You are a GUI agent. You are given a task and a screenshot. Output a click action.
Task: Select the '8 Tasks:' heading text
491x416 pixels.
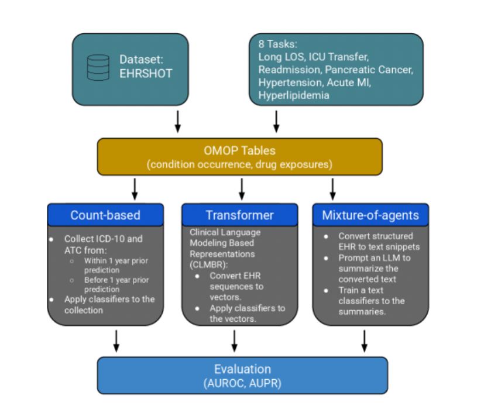pyautogui.click(x=279, y=44)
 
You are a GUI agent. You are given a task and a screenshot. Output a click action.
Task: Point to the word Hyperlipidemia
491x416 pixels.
pyautogui.click(x=294, y=95)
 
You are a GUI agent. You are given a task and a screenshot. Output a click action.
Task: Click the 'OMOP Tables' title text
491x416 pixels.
pyautogui.click(x=239, y=150)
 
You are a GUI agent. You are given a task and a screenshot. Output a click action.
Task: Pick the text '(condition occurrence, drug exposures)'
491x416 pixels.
pyautogui.click(x=239, y=164)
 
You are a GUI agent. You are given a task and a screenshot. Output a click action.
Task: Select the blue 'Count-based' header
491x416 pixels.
pyautogui.click(x=105, y=215)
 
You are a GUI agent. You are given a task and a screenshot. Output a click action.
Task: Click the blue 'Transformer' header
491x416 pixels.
pyautogui.click(x=239, y=215)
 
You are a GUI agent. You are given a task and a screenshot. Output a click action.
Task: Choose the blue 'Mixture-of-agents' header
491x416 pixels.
pyautogui.click(x=370, y=215)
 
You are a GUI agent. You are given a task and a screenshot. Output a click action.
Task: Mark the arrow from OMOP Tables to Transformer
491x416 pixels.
pyautogui.click(x=241, y=188)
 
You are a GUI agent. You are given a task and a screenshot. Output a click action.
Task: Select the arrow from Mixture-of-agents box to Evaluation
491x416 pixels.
pyautogui.click(x=365, y=341)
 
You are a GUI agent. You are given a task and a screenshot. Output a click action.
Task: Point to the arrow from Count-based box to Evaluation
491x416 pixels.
pyautogui.click(x=116, y=341)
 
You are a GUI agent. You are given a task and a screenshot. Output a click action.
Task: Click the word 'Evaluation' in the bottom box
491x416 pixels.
pyautogui.click(x=242, y=369)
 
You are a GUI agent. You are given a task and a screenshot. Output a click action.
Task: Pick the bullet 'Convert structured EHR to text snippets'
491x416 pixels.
pyautogui.click(x=375, y=241)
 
